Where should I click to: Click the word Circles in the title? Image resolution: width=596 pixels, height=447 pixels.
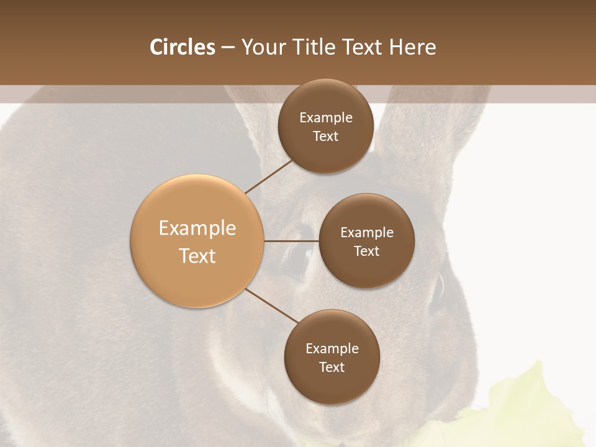(183, 47)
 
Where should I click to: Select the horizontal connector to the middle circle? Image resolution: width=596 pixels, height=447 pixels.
(291, 241)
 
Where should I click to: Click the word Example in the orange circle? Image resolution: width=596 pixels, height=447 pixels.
(197, 228)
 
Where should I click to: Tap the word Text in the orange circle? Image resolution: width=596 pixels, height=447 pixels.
(197, 256)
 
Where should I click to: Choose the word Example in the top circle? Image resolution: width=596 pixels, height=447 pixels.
(325, 118)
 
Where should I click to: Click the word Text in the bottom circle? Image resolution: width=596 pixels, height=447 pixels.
(332, 367)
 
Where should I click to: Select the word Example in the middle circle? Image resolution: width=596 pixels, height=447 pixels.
(366, 233)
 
